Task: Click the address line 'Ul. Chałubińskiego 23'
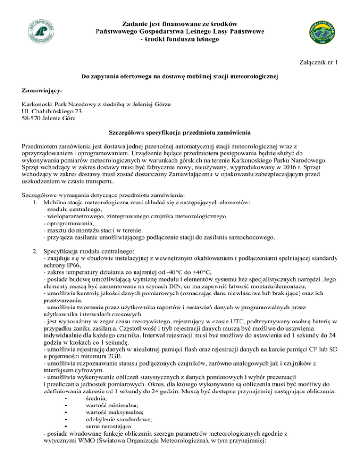coord(52,111)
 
